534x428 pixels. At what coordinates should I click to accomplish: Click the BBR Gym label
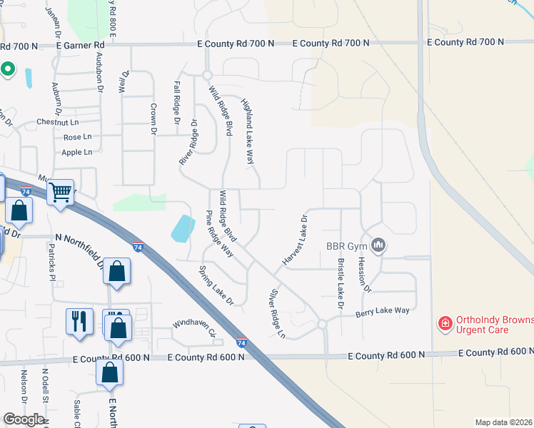coord(346,246)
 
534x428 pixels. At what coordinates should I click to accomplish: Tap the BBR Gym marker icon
coord(378,245)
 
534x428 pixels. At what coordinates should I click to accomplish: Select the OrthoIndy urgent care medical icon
coord(445,325)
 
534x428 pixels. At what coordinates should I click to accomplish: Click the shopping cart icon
coord(61,191)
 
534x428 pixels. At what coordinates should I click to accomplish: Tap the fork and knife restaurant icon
coord(79,320)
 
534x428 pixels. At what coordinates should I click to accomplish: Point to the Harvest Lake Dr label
coord(294,240)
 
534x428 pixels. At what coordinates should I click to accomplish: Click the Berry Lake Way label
coord(383,310)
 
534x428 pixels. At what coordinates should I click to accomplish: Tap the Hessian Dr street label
coord(364,274)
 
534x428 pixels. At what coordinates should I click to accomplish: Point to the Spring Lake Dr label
coord(216,285)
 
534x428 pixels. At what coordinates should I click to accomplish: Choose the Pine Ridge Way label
coord(220,234)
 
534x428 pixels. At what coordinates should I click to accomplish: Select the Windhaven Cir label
coord(193,327)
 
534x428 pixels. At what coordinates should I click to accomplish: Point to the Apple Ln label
coord(77,152)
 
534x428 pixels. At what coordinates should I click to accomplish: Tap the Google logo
coord(24,419)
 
